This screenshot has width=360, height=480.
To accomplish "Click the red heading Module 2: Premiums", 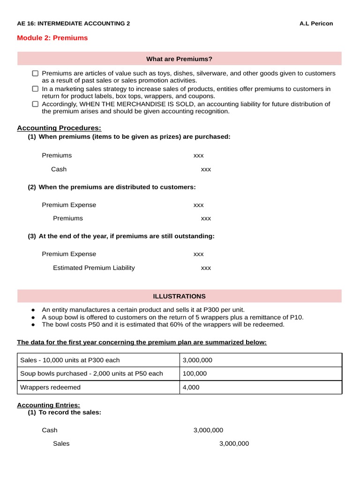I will click(x=52, y=38).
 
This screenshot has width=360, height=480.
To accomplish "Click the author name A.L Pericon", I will click(x=316, y=23).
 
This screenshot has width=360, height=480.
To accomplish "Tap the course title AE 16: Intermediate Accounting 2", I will click(x=73, y=23).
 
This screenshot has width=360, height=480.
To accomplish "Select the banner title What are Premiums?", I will click(x=179, y=59).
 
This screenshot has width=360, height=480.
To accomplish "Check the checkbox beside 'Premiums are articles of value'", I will click(x=35, y=74).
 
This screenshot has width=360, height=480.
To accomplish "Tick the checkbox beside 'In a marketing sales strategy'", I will click(x=35, y=89).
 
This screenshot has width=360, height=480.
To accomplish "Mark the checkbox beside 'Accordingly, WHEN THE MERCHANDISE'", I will click(x=35, y=104).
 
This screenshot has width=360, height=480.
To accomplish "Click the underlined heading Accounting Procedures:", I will click(x=59, y=128).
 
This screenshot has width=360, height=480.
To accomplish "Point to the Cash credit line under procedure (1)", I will click(x=59, y=169).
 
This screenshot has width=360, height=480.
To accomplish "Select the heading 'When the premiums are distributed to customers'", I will click(x=117, y=187).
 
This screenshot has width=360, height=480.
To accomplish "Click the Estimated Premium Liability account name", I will click(x=94, y=268).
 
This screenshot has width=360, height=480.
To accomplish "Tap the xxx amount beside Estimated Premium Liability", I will click(x=206, y=268).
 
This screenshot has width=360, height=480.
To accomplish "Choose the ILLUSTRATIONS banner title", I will click(x=179, y=296).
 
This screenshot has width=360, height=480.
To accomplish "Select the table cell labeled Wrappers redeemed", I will click(x=50, y=387).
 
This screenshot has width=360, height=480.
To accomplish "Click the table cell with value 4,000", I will click(x=191, y=387).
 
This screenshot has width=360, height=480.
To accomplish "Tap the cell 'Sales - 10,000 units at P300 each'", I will click(x=70, y=360).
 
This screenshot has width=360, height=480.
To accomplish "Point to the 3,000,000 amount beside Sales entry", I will click(x=234, y=443).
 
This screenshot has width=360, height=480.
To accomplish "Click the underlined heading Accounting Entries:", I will click(x=48, y=405).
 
